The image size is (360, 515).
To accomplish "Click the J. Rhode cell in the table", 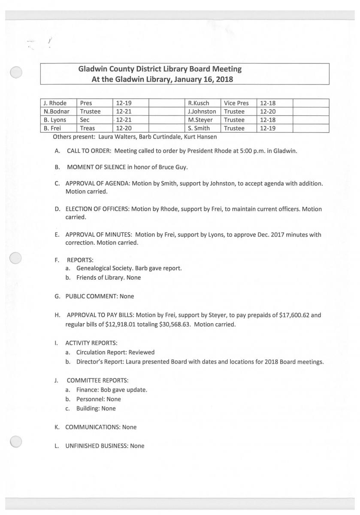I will (54, 103).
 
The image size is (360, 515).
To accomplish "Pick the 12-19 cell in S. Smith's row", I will (267, 128).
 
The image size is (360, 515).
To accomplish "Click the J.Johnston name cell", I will (202, 111).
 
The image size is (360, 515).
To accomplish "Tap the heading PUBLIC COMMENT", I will (91, 296).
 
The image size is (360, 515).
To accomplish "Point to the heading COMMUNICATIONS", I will (93, 427).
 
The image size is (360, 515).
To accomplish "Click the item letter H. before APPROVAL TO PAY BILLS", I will (57, 315).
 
